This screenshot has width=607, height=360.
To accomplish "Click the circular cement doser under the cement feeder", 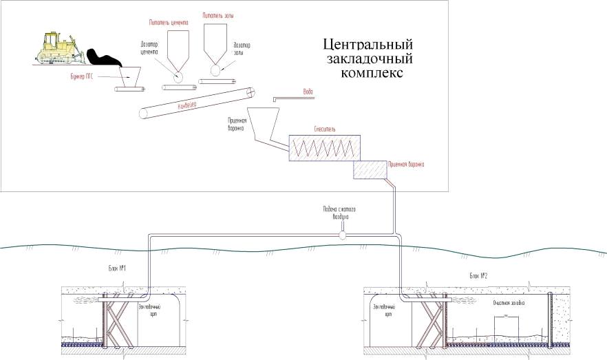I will [x=178, y=76].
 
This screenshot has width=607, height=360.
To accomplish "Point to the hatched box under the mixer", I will [x=370, y=169].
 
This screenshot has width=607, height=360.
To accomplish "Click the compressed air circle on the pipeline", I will [x=342, y=235].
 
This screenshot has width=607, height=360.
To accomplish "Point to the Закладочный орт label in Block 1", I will [x=150, y=309].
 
